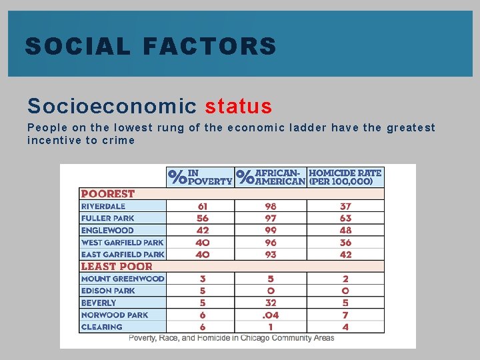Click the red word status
pyautogui.click(x=239, y=106)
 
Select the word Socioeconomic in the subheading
pyautogui.click(x=112, y=106)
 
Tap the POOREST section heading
pyautogui.click(x=108, y=194)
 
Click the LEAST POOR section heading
pyautogui.click(x=117, y=266)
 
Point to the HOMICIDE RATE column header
pyautogui.click(x=345, y=177)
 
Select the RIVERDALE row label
pyautogui.click(x=103, y=206)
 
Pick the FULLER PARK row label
pyautogui.click(x=108, y=218)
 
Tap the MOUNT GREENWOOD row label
pyautogui.click(x=123, y=279)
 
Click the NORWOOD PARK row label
pyautogui.click(x=115, y=315)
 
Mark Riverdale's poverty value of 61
pyautogui.click(x=202, y=206)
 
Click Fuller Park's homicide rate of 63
pyautogui.click(x=345, y=218)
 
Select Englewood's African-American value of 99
pyautogui.click(x=270, y=230)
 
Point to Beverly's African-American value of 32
pyautogui.click(x=270, y=303)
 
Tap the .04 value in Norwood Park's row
pyautogui.click(x=270, y=315)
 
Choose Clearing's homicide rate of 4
pyautogui.click(x=345, y=327)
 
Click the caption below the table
pyautogui.click(x=231, y=338)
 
